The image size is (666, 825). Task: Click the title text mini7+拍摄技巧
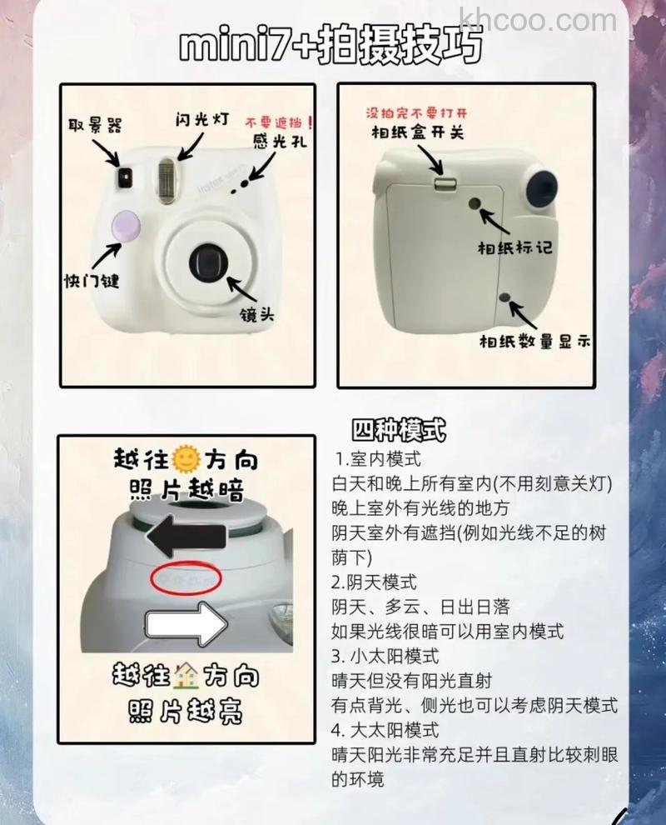(x=331, y=47)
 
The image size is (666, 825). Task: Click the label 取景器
(x=95, y=125)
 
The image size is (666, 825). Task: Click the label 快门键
(x=92, y=280)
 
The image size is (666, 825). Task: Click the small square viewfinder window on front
(x=126, y=175)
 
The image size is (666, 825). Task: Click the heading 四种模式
(x=399, y=430)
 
